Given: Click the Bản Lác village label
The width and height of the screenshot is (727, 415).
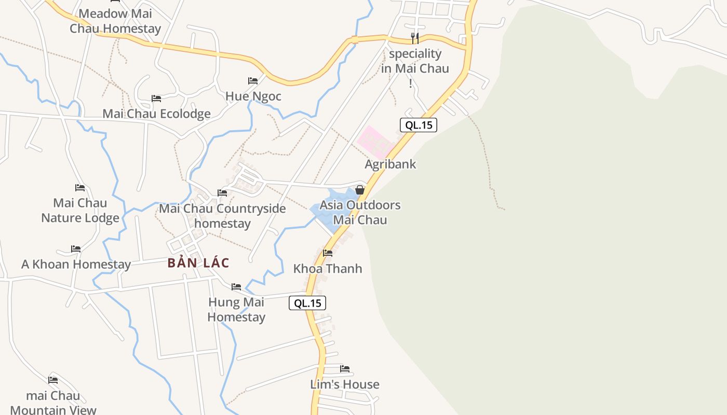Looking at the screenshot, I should coord(198,263).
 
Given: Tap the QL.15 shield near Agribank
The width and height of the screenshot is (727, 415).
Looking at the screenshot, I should coord(418,125).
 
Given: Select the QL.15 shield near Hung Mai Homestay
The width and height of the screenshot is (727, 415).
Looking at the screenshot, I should coord(307,303).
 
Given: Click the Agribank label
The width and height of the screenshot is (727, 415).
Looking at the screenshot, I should coord(391,164).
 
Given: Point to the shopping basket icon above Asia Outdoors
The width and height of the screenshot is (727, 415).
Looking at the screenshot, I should coord(359,190).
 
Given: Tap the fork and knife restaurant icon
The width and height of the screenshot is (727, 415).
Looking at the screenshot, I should coord(414,38).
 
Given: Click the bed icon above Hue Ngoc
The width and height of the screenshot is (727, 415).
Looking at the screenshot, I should coord(253,81).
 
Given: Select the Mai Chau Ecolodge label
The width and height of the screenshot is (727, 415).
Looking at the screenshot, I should coord(156,114).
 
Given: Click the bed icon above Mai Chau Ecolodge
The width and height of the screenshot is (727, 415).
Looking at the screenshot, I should coord(156,99).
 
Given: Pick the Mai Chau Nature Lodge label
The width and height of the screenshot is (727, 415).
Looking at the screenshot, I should coord(80,210).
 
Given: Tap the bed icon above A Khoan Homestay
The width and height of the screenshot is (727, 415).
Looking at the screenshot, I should coord(76,249).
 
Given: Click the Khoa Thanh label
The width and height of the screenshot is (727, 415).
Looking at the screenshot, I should coord(328,269).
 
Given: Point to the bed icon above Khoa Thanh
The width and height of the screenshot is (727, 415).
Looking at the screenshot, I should coord(328,253).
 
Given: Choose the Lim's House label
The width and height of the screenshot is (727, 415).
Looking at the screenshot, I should coord(345,384).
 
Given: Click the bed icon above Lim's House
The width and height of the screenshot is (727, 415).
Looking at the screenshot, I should coord(345,369).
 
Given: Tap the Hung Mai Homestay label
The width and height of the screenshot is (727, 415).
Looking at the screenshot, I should coord(236,309).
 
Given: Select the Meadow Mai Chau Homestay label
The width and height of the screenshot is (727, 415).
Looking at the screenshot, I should coord(115,21).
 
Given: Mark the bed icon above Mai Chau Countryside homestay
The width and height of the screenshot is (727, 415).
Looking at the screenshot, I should coord(222,193).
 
